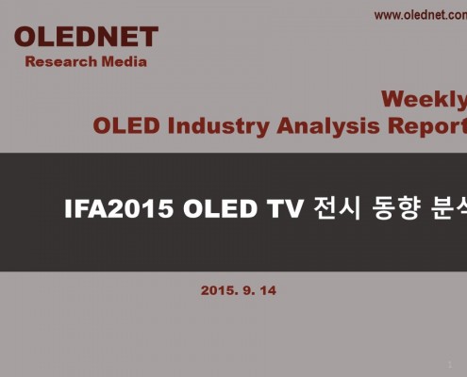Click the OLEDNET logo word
tap(86, 37)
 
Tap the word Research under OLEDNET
tap(61, 61)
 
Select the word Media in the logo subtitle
tap(125, 61)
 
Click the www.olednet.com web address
tap(421, 15)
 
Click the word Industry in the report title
tap(218, 126)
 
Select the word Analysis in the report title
tap(328, 126)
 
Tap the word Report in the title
tap(427, 126)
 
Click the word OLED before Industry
tap(126, 125)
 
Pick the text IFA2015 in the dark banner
tap(119, 208)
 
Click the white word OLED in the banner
tap(220, 208)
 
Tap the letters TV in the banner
tap(285, 208)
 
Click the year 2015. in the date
tap(220, 290)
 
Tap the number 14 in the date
tap(268, 290)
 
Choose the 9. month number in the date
tap(249, 290)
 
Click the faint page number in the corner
tap(450, 365)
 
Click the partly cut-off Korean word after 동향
tap(449, 208)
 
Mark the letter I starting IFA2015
tap(67, 208)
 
